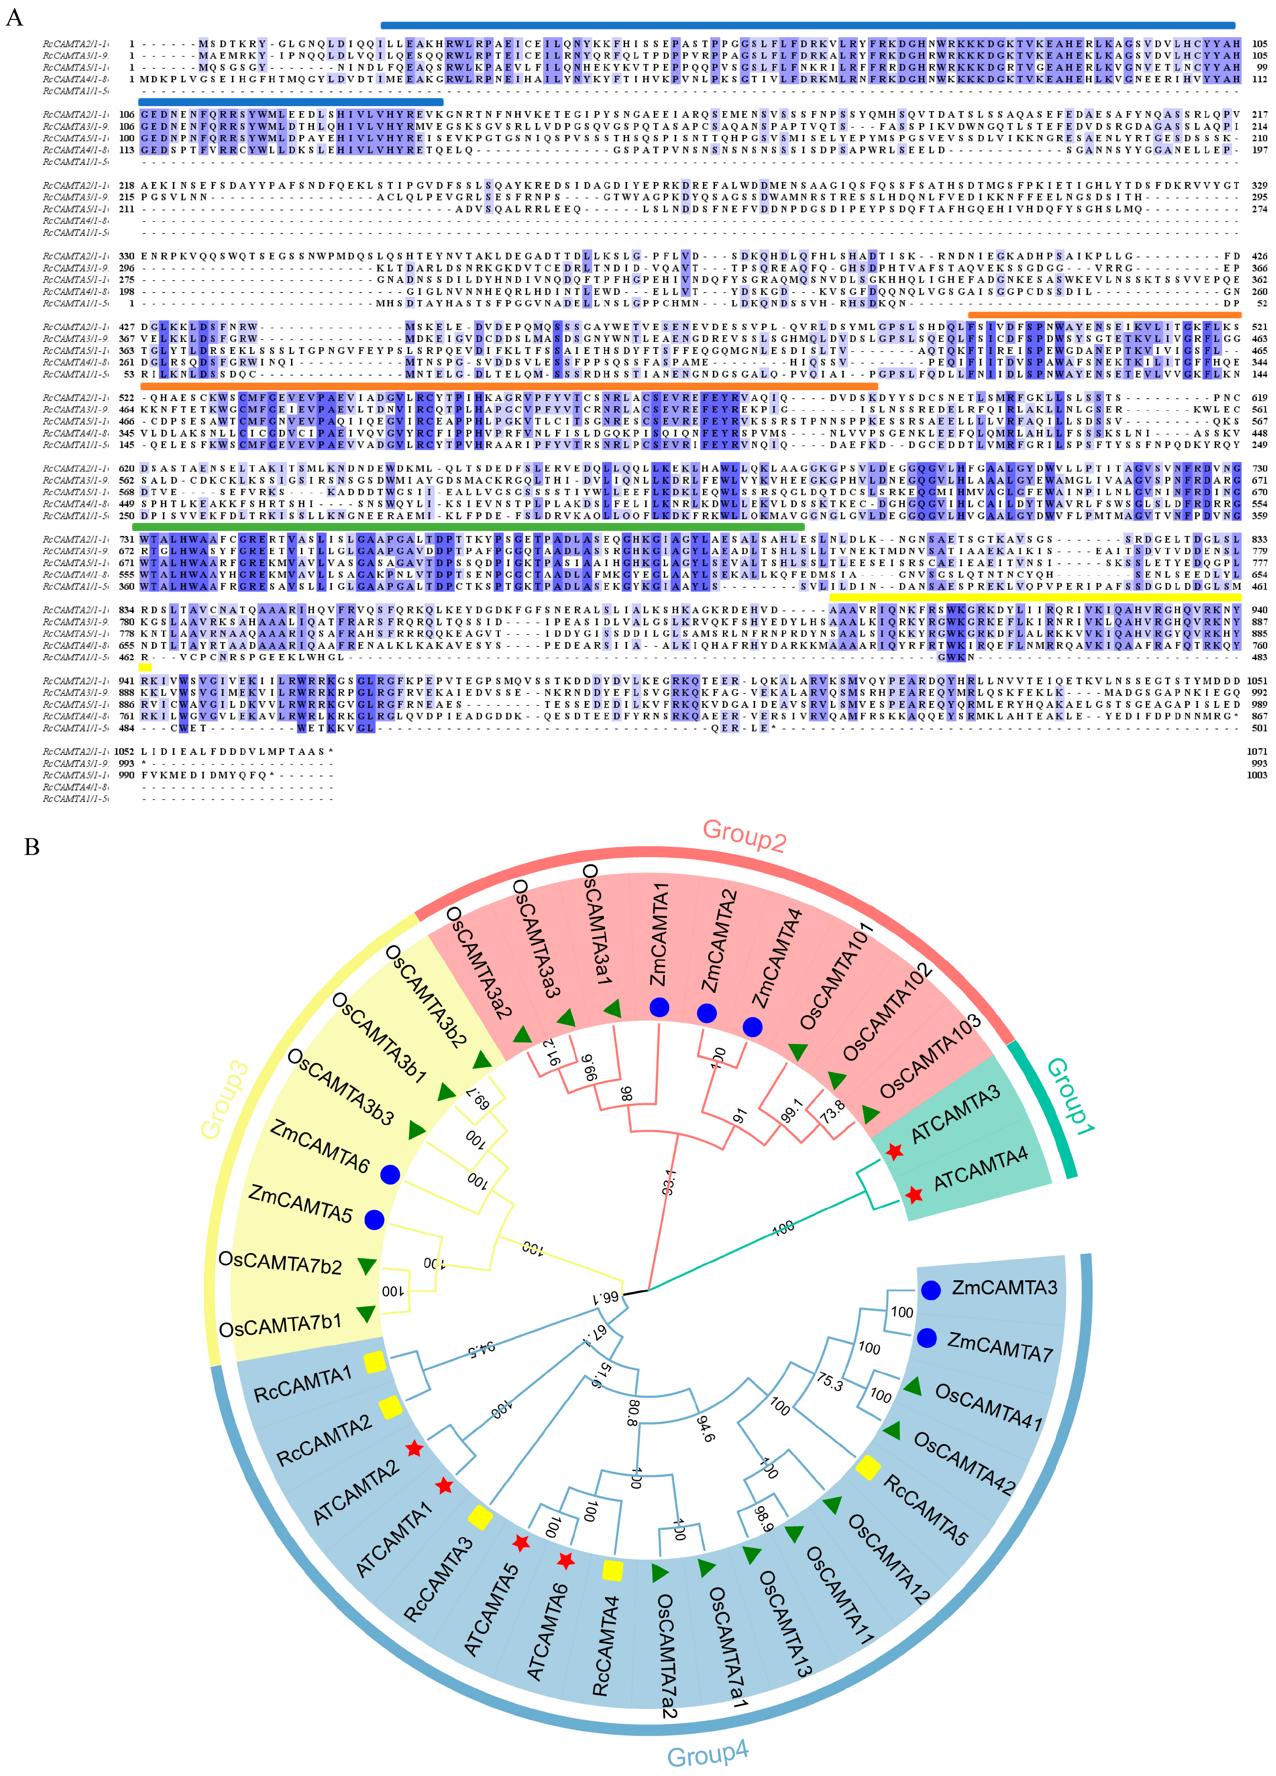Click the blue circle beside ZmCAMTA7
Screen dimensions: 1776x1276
point(927,1337)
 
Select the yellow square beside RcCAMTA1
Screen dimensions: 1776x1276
point(374,1362)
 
